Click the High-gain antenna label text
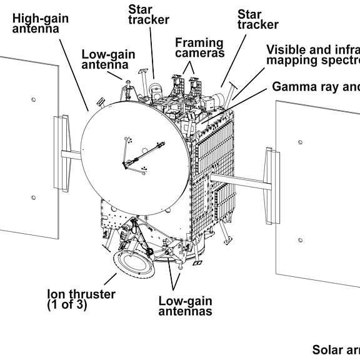point(41,23)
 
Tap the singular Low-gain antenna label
point(108,59)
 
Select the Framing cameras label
point(199,48)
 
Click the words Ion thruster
point(81,294)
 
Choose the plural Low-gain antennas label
point(185,306)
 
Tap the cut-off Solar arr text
point(336,350)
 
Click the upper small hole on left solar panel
point(34,99)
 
